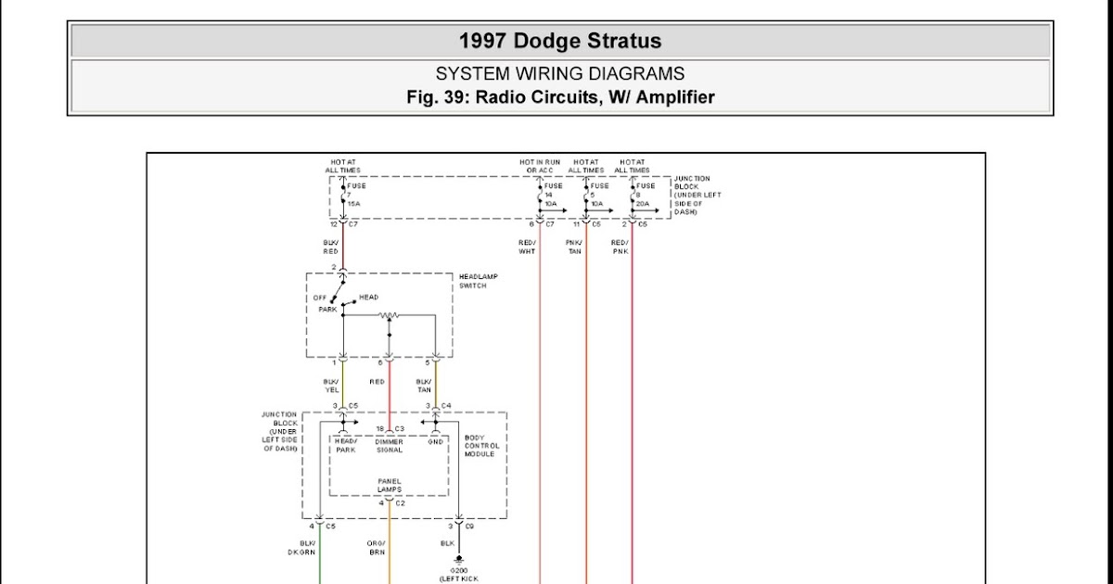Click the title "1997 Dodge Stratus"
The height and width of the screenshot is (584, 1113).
560,42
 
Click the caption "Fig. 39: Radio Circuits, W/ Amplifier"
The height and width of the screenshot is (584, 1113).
560,97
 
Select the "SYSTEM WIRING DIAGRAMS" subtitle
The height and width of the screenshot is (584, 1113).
560,74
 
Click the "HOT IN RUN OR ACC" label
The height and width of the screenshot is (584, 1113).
539,167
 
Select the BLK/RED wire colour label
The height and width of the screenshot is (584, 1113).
331,248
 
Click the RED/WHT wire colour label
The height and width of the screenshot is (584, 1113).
527,248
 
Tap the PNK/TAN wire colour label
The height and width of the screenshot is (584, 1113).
574,248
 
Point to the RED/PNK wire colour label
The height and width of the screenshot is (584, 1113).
620,248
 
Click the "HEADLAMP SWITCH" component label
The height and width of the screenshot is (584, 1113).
473,281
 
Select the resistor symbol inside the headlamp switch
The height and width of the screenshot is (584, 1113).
390,316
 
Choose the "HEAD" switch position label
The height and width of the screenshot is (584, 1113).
368,298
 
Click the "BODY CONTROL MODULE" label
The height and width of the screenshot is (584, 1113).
480,446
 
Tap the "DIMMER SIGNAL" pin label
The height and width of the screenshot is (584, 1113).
390,446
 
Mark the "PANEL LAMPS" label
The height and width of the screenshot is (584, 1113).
390,486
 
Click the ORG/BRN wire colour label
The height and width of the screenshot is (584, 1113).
376,547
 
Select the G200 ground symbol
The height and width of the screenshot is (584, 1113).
458,560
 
